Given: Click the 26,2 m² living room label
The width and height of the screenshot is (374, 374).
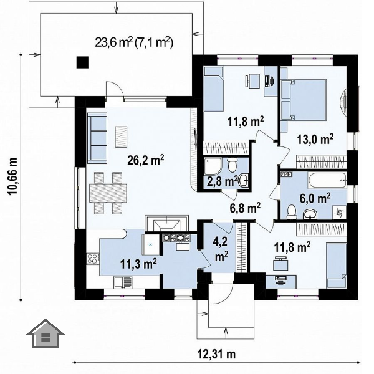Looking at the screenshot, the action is pyautogui.click(x=146, y=160).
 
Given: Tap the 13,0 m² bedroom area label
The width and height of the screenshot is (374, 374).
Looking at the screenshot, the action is pyautogui.click(x=315, y=139).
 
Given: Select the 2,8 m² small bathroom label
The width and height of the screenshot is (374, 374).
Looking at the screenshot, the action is pyautogui.click(x=221, y=181).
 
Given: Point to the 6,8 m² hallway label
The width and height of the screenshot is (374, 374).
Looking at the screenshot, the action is pyautogui.click(x=243, y=208).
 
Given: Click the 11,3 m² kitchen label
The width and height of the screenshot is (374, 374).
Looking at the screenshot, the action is pyautogui.click(x=138, y=264).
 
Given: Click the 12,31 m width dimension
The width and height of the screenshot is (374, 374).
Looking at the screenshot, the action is pyautogui.click(x=216, y=354).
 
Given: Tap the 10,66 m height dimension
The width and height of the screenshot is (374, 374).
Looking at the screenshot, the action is pyautogui.click(x=12, y=176).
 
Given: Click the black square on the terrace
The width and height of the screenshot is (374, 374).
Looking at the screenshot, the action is pyautogui.click(x=82, y=62).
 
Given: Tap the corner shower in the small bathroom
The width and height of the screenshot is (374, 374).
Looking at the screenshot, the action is pyautogui.click(x=213, y=166).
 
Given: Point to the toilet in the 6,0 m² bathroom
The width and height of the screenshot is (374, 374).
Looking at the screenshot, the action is pyautogui.click(x=291, y=212).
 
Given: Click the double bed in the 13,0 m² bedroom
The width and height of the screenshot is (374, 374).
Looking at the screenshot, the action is pyautogui.click(x=304, y=100).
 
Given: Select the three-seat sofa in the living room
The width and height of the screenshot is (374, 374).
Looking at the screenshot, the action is pyautogui.click(x=97, y=138).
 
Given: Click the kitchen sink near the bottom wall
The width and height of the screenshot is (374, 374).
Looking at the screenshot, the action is pyautogui.click(x=123, y=282).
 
